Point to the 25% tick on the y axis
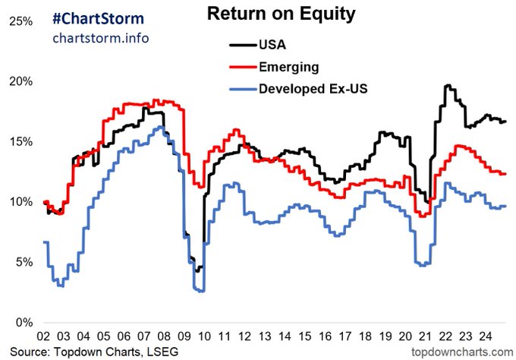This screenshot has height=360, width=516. point(21,21)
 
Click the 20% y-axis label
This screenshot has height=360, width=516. point(21,81)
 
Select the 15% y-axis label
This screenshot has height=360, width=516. point(21,141)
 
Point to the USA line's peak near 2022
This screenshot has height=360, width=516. point(448,86)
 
